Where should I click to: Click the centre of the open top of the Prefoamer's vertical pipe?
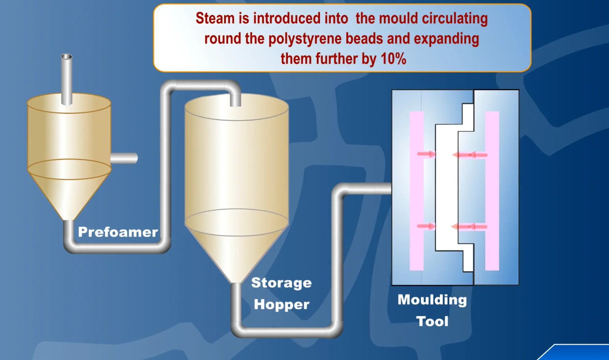(67, 57)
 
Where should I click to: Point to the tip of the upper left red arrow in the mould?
(435, 154)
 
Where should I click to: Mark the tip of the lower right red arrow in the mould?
(451, 226)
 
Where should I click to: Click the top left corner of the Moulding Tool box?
(392, 90)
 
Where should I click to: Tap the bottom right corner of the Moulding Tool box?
(519, 285)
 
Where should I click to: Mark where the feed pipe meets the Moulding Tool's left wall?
(392, 189)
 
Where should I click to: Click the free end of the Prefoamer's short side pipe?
(137, 158)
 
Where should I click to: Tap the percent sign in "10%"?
(400, 59)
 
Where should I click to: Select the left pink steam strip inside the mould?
(417, 191)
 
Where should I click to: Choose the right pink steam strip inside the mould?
(492, 191)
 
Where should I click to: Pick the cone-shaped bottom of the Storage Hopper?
(236, 251)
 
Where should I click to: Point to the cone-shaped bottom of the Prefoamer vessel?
(69, 195)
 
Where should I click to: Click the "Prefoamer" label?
(118, 232)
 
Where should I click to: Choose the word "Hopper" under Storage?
(282, 304)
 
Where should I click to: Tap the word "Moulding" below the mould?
(432, 300)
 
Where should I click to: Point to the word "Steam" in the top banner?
(215, 18)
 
